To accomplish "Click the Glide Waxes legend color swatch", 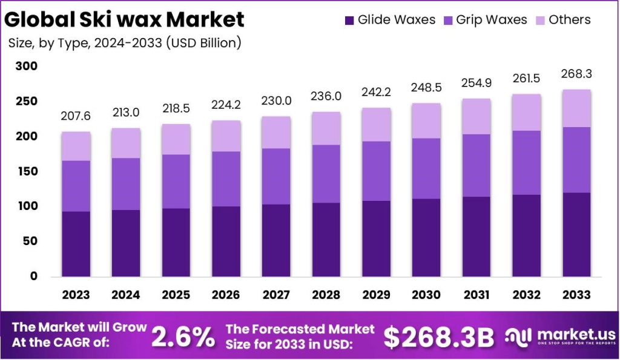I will coord(349,21).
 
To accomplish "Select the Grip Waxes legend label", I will coord(491,20).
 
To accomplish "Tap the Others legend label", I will coord(569,20).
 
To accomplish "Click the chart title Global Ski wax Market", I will coord(124,20).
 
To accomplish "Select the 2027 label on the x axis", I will coord(275,295).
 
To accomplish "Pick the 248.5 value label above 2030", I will coord(426,88).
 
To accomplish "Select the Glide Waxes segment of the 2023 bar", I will coord(76,243).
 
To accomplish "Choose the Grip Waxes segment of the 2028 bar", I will coord(325,174).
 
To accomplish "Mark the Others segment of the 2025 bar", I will coord(176,139).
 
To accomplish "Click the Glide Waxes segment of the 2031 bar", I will coord(475,236).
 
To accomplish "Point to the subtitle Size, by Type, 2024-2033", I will coord(124,43).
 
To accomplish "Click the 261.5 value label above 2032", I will coord(526,80).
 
